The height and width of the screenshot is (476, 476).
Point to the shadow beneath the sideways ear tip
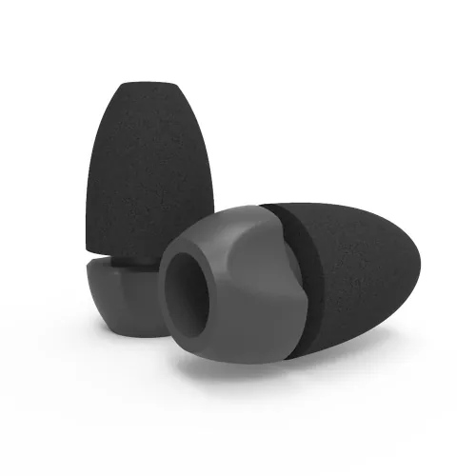(286, 367)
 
